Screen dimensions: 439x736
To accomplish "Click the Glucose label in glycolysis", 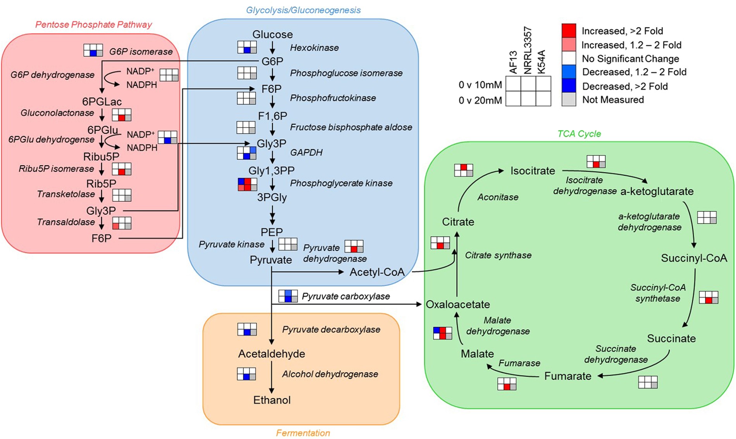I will click(x=272, y=34).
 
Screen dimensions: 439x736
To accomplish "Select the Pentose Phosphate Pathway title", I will click(x=93, y=25).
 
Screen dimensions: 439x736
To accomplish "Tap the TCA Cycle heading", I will click(x=579, y=134).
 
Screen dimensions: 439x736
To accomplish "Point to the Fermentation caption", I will click(x=303, y=433).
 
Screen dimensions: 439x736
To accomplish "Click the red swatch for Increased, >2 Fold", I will click(x=568, y=31).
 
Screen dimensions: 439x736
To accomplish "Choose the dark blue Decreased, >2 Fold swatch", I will click(x=568, y=86).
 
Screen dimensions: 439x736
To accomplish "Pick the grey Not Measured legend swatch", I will click(x=568, y=99).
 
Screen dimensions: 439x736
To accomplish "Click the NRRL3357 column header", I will click(x=528, y=50).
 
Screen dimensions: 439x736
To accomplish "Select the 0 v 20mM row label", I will click(x=480, y=100).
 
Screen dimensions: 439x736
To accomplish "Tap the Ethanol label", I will click(x=272, y=400).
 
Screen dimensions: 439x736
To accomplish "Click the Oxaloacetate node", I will click(x=457, y=304).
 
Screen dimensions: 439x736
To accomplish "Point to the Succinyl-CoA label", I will click(x=693, y=258).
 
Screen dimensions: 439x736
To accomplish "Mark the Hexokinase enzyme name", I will click(x=314, y=48).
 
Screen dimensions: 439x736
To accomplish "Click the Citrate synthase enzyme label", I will click(x=498, y=256).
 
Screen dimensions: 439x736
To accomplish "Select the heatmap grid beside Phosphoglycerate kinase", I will click(x=247, y=184).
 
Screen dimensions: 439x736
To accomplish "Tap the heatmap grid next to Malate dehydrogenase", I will click(x=442, y=333).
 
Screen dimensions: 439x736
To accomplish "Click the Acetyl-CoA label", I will click(x=377, y=272).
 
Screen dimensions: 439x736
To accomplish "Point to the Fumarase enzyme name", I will click(x=519, y=363).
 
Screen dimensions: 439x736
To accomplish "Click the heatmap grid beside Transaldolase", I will click(x=122, y=223).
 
